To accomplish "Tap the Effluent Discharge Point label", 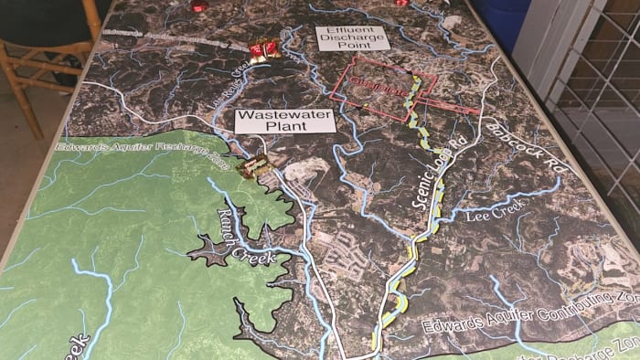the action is [x=352, y=37].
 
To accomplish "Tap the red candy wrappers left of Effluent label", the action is [x=264, y=49].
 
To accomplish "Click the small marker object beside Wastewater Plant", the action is [x=255, y=165].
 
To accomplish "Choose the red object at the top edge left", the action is [x=198, y=5].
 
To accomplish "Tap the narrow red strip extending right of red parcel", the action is [x=457, y=109].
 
